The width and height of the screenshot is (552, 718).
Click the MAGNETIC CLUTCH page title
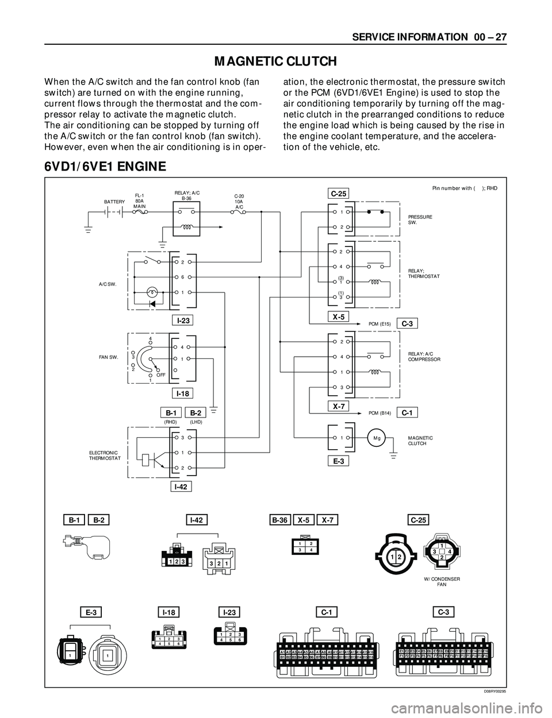(275, 61)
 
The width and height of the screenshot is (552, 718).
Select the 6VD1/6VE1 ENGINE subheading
(105, 167)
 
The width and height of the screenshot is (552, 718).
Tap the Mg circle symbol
(377, 438)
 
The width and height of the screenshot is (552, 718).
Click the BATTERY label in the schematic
(114, 202)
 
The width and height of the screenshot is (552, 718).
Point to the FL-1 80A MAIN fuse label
(140, 200)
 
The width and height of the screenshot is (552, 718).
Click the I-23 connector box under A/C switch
(183, 320)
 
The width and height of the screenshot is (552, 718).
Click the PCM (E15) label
(379, 324)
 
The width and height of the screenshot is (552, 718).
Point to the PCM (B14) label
(379, 412)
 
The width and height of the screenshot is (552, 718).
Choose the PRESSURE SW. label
(420, 219)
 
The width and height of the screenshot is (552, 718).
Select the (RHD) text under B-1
(171, 422)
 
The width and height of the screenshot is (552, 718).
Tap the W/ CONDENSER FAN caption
(442, 581)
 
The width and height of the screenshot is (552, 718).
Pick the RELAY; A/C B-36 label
(186, 195)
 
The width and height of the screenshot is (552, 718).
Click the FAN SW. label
(108, 357)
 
